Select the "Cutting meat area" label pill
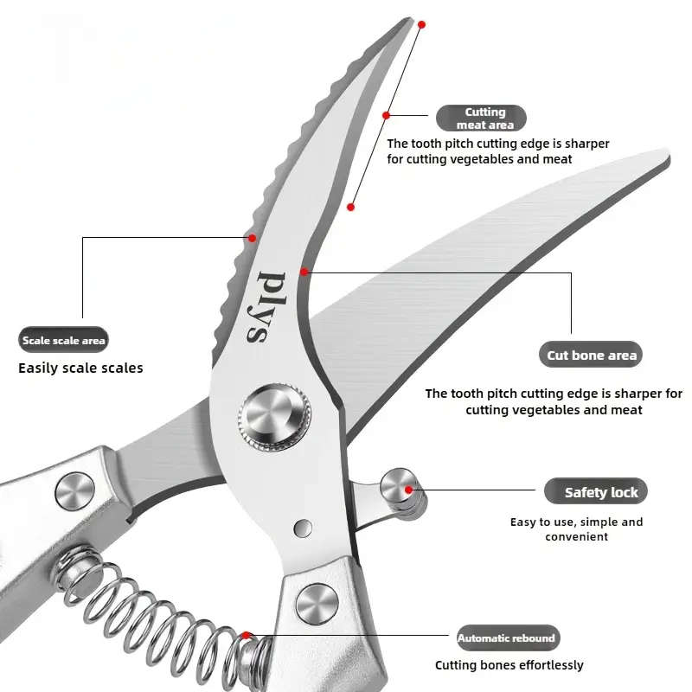[x=481, y=119]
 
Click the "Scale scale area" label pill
[x=64, y=340]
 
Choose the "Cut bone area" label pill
[x=592, y=355]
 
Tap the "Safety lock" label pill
[x=595, y=492]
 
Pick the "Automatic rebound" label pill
[x=507, y=638]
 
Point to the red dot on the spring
[x=247, y=637]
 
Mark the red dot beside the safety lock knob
[x=420, y=490]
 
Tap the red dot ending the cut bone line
[x=304, y=272]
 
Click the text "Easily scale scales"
[x=80, y=368]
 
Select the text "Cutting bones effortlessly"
[x=509, y=665]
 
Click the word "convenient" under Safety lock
[x=576, y=536]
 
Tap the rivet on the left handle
[x=74, y=490]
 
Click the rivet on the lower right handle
[x=316, y=602]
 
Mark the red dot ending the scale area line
[x=252, y=237]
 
